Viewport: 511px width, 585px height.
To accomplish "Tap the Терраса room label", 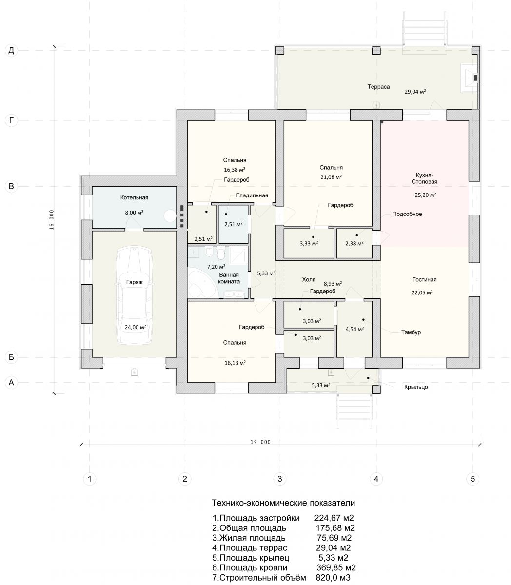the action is point(378,87).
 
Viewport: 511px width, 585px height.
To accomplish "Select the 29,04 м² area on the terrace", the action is point(415,92).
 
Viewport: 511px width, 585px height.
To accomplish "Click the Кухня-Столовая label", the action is point(424,178).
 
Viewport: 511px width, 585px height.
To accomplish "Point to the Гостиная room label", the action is point(424,279).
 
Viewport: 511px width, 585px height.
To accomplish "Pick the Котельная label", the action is point(134,197).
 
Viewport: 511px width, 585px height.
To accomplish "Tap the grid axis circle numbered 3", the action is point(280,479).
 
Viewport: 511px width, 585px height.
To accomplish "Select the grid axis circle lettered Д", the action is point(11,50).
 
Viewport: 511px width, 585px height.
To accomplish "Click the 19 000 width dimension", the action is point(260,442).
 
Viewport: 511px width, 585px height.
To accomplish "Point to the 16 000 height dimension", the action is point(52,219).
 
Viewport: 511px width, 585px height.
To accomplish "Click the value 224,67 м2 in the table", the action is point(334,518).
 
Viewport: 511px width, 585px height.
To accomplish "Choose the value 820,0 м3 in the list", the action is point(333,577).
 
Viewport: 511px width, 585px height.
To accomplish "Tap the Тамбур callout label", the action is point(411,332).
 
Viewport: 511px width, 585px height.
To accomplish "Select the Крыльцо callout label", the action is point(416,387).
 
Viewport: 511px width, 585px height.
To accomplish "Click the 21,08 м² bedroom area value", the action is point(331,177).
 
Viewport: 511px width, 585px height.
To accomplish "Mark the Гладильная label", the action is point(252,195).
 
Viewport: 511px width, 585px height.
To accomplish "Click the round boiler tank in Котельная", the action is point(170,216).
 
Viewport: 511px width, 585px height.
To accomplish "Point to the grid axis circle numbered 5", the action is point(472,479).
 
